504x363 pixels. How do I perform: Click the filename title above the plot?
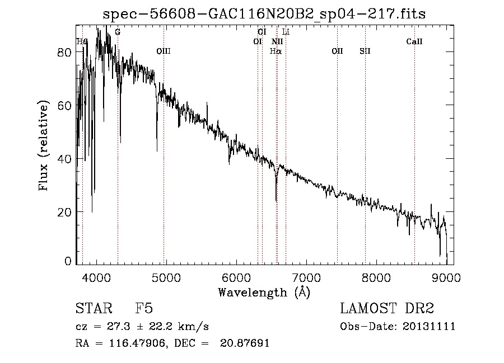264,14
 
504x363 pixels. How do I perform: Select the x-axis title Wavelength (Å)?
264,291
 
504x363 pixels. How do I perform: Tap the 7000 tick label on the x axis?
306,277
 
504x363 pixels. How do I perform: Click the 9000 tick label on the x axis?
446,277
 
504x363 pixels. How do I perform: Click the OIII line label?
164,51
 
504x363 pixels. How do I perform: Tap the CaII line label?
414,42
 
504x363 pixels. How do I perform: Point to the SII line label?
365,51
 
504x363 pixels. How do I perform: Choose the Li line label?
286,32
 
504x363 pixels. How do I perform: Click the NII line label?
277,42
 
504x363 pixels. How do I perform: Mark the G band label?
118,32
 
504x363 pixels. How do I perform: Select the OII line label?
337,51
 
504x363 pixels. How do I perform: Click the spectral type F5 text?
144,309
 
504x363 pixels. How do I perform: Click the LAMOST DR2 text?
387,309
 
